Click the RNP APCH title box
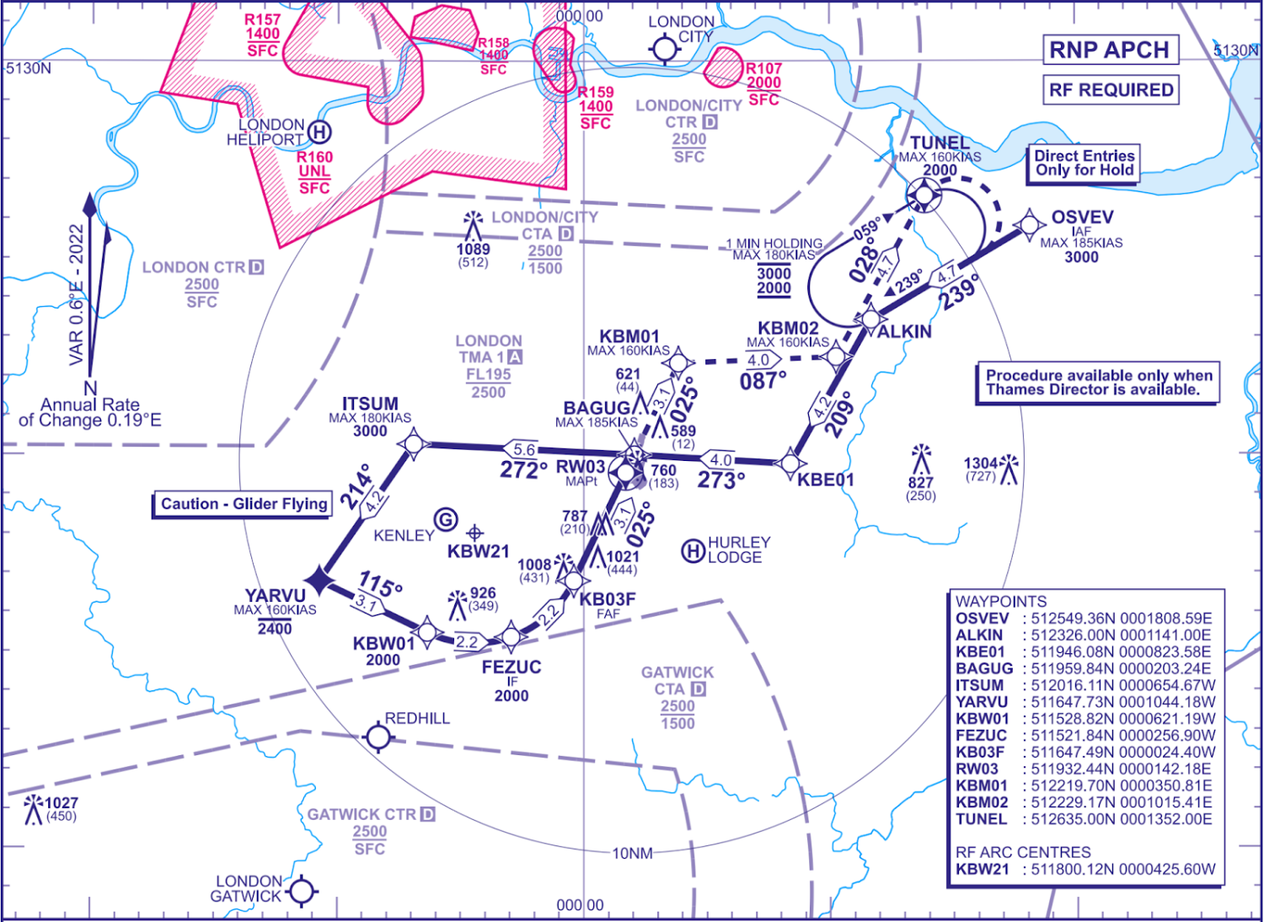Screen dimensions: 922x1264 [1109, 50]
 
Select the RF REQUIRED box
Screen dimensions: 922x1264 [1111, 89]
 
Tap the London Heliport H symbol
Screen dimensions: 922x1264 [319, 131]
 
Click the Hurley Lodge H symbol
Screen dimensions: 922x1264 [693, 551]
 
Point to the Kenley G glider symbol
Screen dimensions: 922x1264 [446, 520]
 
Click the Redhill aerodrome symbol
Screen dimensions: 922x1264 [378, 737]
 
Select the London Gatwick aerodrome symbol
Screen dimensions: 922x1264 [302, 891]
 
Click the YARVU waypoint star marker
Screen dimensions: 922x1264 [319, 580]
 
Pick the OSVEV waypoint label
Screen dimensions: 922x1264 [1082, 217]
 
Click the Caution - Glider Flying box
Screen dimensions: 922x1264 [243, 504]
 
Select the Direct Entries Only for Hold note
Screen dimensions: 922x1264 [1084, 163]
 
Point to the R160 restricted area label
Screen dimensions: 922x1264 [314, 158]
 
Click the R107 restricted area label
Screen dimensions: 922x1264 [763, 69]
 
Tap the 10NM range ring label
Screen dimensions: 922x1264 [632, 854]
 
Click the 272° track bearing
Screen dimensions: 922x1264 [523, 470]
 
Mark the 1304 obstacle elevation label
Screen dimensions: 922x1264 [981, 464]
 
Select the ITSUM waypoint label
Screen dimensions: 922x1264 [370, 405]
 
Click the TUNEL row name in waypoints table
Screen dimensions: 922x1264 [981, 818]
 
